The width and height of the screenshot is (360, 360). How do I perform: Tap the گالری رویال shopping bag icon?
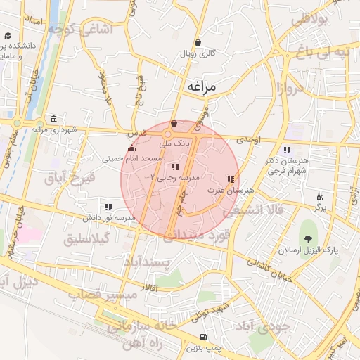click(x=198, y=43)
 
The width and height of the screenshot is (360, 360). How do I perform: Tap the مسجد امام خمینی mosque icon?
click(x=131, y=148)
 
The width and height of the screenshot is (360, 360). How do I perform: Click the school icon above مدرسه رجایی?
click(x=174, y=167)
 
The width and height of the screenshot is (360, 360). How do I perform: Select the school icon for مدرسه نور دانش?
click(x=108, y=207)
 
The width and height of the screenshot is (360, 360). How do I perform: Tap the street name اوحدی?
click(x=248, y=141)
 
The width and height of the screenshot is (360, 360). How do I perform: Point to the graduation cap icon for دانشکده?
click(x=8, y=35)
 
